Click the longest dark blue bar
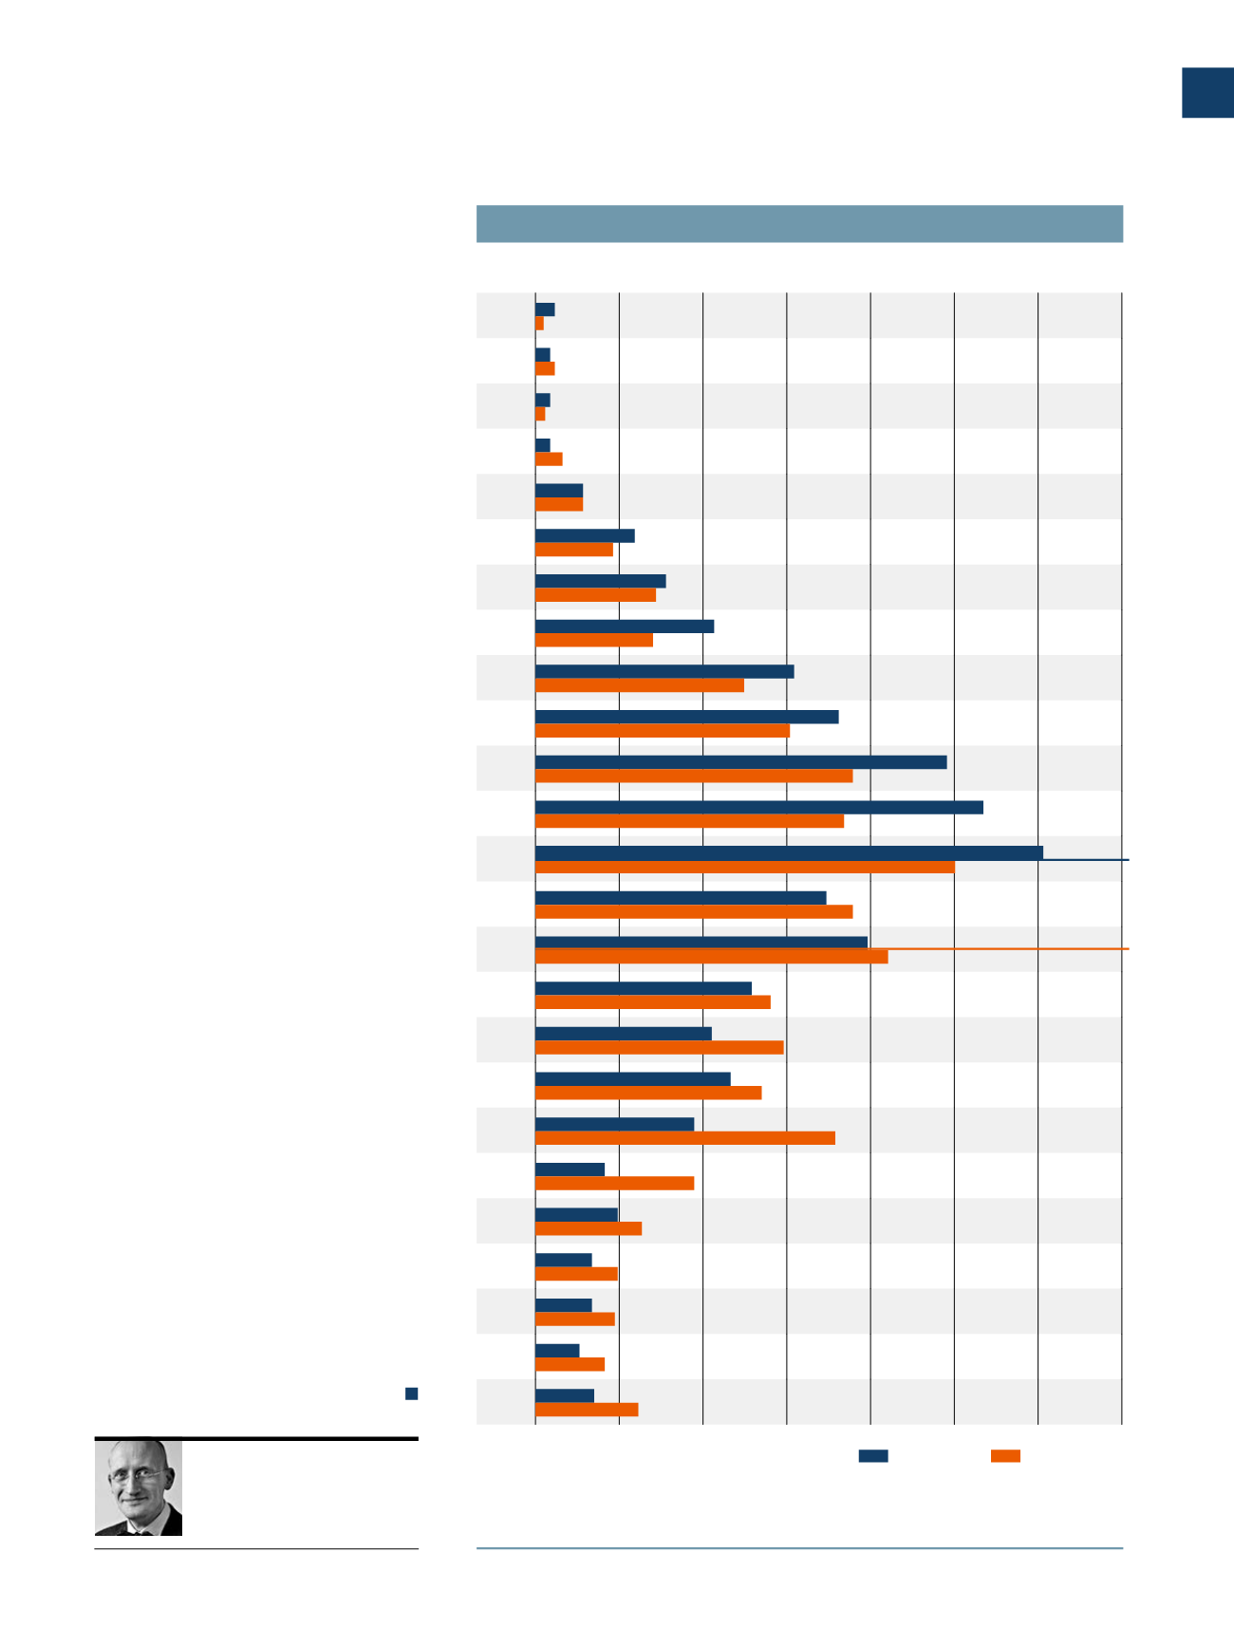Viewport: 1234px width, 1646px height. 788,852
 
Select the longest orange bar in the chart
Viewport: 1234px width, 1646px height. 744,867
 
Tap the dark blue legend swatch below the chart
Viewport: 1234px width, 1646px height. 872,1455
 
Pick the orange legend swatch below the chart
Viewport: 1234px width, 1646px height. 1005,1455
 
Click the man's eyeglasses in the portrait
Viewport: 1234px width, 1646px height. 137,1476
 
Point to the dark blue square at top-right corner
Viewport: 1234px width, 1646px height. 1206,93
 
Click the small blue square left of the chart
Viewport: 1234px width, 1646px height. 411,1393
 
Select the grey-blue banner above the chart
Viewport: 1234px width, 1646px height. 799,224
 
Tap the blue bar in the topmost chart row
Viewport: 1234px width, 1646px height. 545,309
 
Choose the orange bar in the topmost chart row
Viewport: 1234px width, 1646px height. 539,324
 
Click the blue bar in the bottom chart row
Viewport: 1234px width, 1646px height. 564,1395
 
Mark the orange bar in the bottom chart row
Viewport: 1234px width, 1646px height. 586,1410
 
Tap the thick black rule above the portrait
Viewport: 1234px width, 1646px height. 256,1439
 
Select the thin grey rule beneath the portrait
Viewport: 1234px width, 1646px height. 256,1549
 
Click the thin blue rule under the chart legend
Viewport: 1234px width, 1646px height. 799,1548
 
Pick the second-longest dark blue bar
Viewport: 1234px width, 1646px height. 758,807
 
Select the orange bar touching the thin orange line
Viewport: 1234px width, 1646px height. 711,957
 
